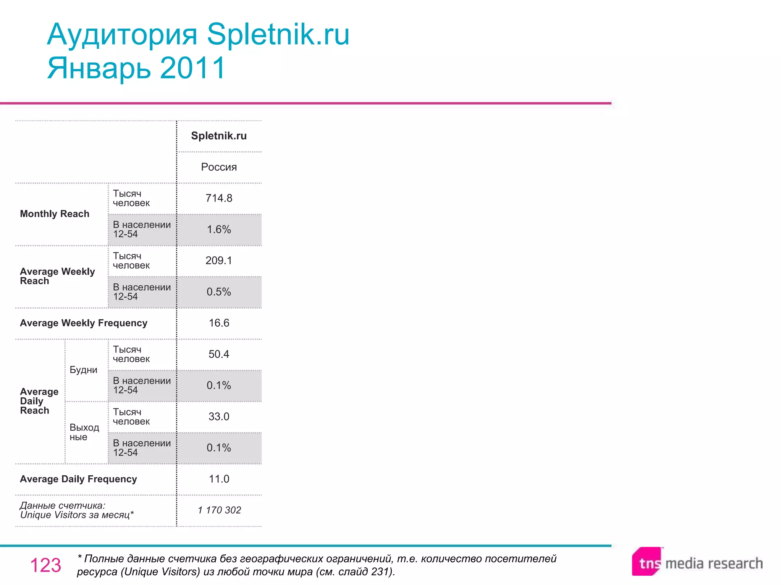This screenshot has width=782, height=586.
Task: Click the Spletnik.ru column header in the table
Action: click(219, 136)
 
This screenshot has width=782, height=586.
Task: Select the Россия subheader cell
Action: click(219, 167)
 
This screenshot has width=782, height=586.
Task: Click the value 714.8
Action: click(219, 198)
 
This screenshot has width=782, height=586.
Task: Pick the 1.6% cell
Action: click(219, 229)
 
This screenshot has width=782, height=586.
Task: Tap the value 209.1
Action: click(219, 261)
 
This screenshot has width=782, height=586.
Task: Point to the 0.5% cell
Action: click(219, 292)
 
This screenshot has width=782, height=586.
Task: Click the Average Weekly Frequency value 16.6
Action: click(219, 323)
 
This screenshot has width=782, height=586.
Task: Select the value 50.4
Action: click(219, 354)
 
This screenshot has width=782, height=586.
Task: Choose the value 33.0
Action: click(219, 417)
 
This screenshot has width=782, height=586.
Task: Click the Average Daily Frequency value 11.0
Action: click(219, 479)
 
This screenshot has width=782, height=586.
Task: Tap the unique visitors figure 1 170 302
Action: click(220, 510)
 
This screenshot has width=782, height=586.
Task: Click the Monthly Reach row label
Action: click(55, 214)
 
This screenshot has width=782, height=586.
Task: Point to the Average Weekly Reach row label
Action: click(57, 276)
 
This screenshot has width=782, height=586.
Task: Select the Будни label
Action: click(83, 370)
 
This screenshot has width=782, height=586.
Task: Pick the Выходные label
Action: click(84, 432)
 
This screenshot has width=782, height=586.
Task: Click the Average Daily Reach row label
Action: click(39, 401)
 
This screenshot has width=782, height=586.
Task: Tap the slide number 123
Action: click(45, 565)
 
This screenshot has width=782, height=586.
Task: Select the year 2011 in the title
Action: click(193, 68)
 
